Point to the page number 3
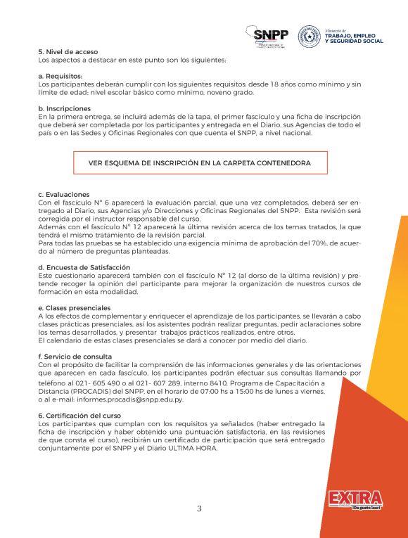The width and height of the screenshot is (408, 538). click(x=199, y=508)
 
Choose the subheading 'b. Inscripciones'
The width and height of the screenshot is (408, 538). click(x=65, y=108)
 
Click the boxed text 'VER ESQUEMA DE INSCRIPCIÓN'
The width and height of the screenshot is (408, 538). click(x=200, y=162)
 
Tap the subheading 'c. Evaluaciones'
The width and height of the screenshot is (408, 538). click(x=64, y=194)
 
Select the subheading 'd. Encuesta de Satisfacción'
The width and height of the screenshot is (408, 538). click(x=84, y=267)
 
